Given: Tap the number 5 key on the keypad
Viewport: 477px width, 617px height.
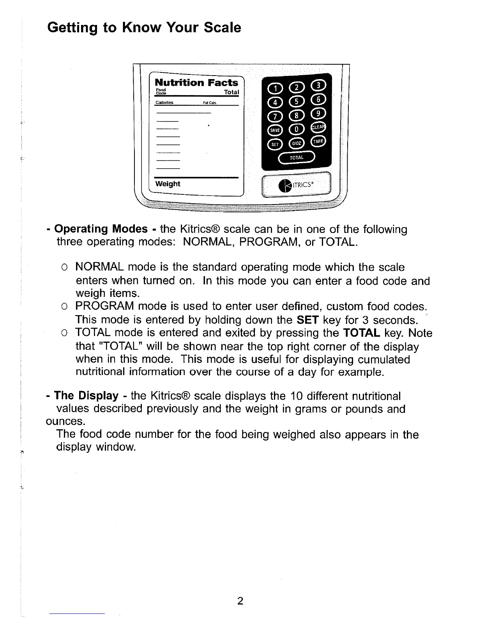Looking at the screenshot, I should [297, 102].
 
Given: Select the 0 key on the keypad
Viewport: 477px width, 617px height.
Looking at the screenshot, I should [297, 129].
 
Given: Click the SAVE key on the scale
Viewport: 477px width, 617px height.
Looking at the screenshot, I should [275, 130].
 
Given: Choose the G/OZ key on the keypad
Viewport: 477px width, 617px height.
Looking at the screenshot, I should [296, 143].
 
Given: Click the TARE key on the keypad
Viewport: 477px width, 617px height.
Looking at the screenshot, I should [318, 141].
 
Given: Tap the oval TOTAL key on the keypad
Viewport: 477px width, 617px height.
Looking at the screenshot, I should [297, 157].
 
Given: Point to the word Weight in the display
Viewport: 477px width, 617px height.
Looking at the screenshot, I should [168, 184].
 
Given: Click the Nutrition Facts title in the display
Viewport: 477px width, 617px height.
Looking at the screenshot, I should [196, 83].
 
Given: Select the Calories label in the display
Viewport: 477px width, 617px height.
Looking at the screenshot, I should [164, 103].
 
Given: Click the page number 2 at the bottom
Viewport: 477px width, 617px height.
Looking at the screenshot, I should [240, 601].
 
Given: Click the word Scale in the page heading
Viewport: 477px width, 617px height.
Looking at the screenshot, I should [223, 28].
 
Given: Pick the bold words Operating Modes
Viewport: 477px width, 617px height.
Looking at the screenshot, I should [101, 229].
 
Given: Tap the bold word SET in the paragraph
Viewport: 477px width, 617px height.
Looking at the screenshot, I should [308, 320].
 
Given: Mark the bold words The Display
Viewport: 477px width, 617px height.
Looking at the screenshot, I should [86, 396].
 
